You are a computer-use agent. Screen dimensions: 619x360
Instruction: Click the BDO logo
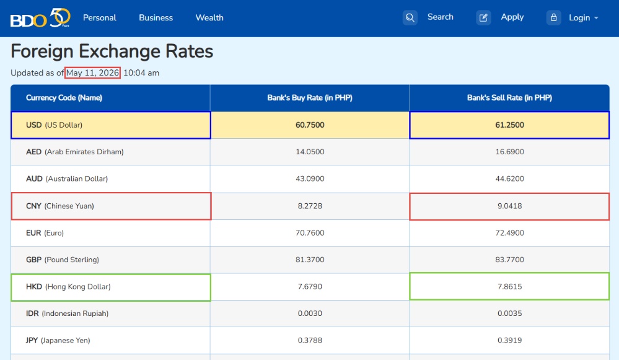[40, 18]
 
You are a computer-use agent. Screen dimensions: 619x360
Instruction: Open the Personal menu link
[100, 18]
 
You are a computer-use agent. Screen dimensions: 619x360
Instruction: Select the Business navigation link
[156, 18]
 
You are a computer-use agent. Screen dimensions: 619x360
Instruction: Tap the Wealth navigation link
[209, 18]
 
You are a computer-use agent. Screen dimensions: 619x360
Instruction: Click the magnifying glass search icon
[410, 18]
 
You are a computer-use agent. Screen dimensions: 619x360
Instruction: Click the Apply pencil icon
[483, 18]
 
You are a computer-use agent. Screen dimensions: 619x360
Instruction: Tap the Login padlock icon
[554, 18]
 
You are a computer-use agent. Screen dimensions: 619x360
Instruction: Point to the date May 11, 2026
[92, 72]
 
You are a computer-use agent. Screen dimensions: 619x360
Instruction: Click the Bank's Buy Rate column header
[310, 97]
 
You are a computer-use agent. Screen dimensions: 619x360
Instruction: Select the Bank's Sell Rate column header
[510, 97]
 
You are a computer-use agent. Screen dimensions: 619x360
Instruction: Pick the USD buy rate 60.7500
[310, 125]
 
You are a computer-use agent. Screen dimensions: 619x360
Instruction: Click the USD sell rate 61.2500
[510, 125]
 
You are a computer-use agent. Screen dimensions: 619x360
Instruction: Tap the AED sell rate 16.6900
[510, 152]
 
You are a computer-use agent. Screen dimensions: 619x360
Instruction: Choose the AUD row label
[67, 179]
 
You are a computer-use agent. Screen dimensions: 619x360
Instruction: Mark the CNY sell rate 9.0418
[510, 206]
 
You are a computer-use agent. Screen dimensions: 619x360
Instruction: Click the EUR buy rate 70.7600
[310, 233]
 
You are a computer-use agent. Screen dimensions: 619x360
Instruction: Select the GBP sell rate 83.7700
[510, 260]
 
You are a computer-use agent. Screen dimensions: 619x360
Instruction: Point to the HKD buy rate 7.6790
[310, 287]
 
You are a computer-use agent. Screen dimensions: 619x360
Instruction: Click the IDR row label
[67, 314]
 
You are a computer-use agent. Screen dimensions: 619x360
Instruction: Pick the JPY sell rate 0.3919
[510, 340]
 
